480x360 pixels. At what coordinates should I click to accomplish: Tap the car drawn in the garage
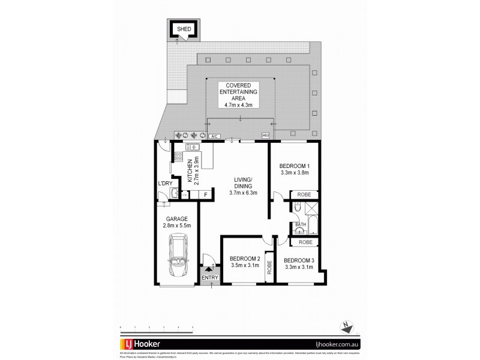178,256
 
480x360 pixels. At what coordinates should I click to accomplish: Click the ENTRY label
210,277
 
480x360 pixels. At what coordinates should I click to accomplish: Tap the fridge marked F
206,194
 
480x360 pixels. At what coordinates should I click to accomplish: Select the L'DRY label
165,184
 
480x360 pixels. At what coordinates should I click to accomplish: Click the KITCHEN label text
190,171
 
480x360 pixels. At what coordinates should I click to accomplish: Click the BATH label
300,225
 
